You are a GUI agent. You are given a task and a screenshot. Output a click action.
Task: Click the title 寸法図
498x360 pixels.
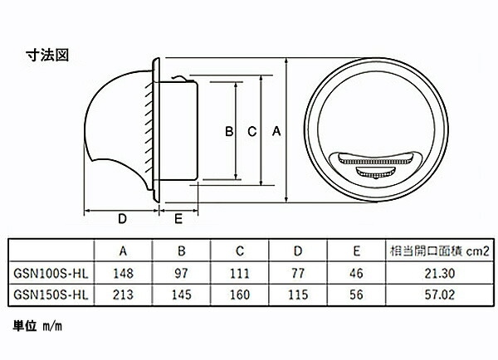[x=47, y=55]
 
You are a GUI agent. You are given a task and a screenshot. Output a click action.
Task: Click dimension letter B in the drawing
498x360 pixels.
[x=229, y=131]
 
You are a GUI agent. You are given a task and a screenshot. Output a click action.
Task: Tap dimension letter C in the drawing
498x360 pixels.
[x=251, y=131]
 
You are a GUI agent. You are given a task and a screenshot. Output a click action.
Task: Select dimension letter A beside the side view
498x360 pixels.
[x=276, y=131]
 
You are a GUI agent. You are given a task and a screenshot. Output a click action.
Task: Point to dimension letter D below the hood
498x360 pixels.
[x=122, y=219]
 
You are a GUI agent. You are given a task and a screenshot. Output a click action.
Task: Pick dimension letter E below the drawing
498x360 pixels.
[x=178, y=219]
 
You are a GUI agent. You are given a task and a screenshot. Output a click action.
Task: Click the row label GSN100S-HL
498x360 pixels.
[x=51, y=274]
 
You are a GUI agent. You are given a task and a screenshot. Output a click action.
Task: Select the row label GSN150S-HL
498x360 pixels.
[x=51, y=295]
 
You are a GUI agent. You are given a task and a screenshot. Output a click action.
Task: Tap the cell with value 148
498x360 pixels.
[x=123, y=274]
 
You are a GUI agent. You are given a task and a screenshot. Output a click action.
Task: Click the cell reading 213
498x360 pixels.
[x=123, y=295]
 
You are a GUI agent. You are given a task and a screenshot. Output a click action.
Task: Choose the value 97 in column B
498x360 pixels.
[x=181, y=274]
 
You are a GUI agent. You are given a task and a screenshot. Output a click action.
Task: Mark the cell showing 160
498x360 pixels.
[x=240, y=295]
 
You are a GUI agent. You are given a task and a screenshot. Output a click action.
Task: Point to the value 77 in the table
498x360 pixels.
[x=298, y=274]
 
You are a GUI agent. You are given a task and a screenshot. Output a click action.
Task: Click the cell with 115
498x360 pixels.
[x=298, y=295]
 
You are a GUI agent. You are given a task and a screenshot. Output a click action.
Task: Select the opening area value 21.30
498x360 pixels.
[x=440, y=274]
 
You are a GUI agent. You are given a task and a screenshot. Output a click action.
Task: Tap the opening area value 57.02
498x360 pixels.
[x=440, y=295]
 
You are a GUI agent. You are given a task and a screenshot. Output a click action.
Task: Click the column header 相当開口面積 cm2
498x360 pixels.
[x=440, y=251]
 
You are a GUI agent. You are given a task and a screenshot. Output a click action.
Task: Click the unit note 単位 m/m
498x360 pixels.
[x=37, y=326]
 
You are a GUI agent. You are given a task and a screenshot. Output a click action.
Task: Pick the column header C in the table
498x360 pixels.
[x=240, y=251]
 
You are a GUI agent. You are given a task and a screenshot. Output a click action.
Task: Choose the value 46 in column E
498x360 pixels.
[x=356, y=274]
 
